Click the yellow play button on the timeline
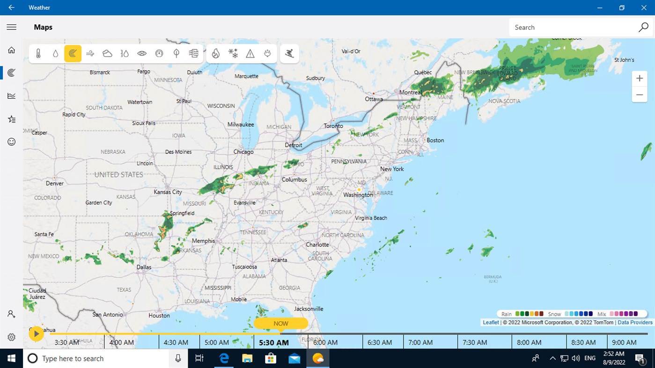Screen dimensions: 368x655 click(36, 333)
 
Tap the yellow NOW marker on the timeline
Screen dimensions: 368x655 click(281, 323)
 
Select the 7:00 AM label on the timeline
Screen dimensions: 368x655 click(420, 342)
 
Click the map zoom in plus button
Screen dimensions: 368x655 click(639, 79)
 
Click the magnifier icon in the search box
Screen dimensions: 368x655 click(643, 28)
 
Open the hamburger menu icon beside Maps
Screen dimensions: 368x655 click(12, 28)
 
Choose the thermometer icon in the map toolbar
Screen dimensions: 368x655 click(38, 54)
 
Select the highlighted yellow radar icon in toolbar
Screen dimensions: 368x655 click(73, 54)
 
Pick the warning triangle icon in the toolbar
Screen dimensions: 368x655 click(250, 54)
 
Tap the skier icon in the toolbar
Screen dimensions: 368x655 click(290, 54)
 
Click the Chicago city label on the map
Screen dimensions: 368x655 click(243, 152)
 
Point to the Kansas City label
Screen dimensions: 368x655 click(168, 192)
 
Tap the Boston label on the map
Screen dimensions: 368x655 click(435, 140)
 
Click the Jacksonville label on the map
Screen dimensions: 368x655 click(309, 309)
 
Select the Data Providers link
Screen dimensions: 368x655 click(635, 323)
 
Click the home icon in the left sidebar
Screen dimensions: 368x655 click(12, 50)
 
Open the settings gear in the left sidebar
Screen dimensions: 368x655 click(12, 337)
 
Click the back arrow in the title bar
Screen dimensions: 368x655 click(11, 7)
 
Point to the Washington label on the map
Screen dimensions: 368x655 click(358, 195)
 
